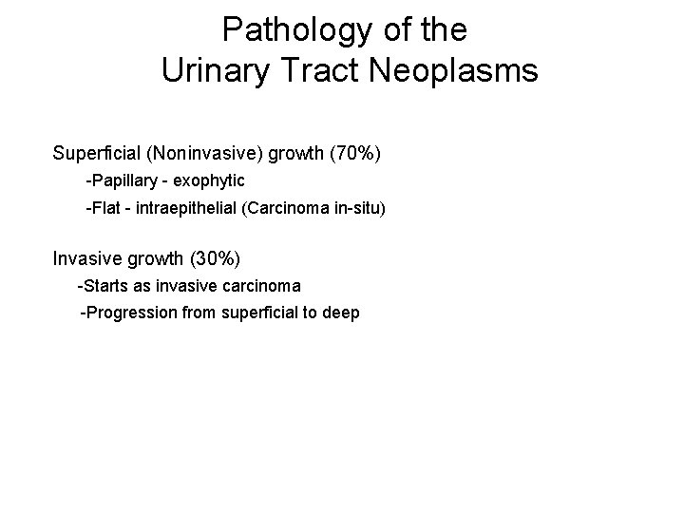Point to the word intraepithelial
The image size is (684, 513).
(x=189, y=207)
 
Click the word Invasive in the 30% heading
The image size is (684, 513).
(x=85, y=258)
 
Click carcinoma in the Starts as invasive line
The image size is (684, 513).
(x=259, y=285)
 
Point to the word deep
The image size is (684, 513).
(x=341, y=312)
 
